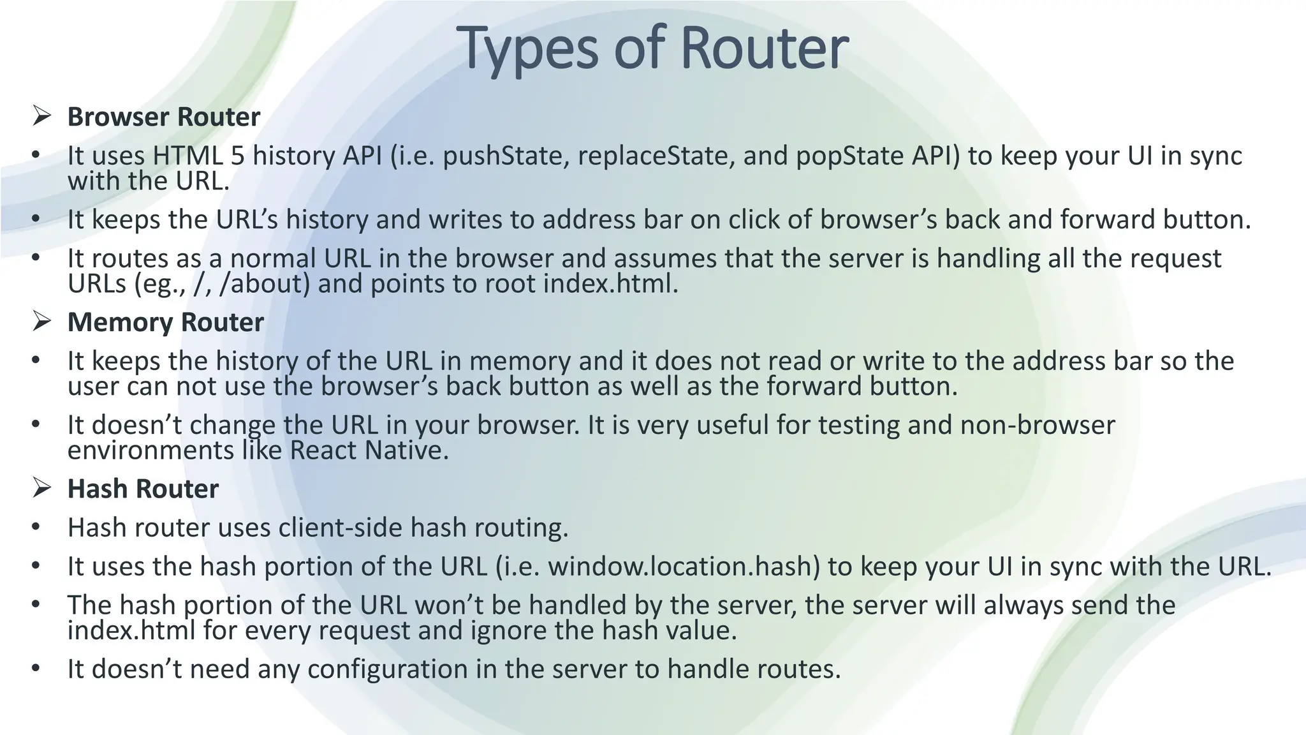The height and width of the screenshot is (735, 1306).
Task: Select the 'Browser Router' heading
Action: tap(164, 117)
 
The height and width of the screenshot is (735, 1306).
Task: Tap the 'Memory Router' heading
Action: tap(165, 322)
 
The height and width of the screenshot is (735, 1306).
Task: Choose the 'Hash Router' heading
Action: tap(143, 489)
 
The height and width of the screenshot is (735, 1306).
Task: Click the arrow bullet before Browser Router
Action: tap(41, 116)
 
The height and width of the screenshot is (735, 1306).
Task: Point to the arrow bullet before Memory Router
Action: tap(41, 322)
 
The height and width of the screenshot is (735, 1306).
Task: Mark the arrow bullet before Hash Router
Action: tap(41, 488)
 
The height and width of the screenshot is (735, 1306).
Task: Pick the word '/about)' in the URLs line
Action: tap(264, 284)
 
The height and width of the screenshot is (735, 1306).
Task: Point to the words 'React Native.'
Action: tap(369, 450)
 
